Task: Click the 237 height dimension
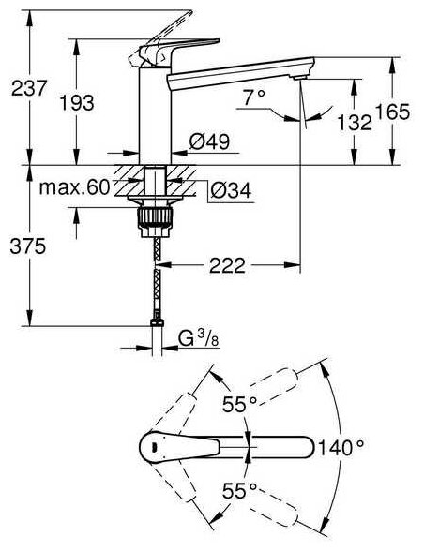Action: coord(29,88)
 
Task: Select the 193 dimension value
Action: coord(77,103)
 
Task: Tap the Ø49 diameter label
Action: coord(209,141)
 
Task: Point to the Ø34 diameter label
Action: coord(231,191)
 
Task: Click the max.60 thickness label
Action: coord(74,187)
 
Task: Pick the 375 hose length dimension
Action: coord(28,246)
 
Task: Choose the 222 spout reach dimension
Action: coord(227,265)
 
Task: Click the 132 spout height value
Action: coord(355,123)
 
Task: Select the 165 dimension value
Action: coord(393,112)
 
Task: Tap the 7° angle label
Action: coord(253,97)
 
